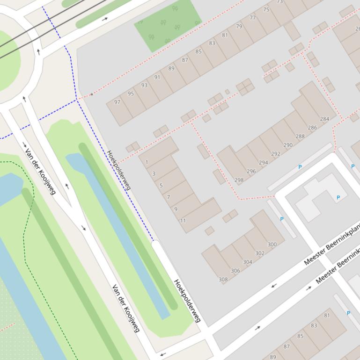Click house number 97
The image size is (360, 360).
(117, 102)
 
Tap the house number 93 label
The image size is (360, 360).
(144, 86)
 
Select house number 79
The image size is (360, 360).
(239, 27)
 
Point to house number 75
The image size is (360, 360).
(266, 10)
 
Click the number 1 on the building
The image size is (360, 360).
(147, 163)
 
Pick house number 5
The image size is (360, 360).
(161, 186)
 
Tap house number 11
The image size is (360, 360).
(183, 221)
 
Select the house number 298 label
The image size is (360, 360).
(239, 180)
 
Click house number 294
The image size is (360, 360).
(264, 163)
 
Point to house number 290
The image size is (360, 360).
(288, 145)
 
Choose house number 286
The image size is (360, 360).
(312, 128)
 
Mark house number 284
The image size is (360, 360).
(324, 119)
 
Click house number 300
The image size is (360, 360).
(272, 245)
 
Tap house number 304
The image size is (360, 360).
(248, 262)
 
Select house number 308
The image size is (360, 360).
(223, 280)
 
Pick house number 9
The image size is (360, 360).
(176, 209)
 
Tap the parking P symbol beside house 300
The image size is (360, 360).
(282, 219)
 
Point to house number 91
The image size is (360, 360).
(157, 78)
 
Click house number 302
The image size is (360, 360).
(260, 253)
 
